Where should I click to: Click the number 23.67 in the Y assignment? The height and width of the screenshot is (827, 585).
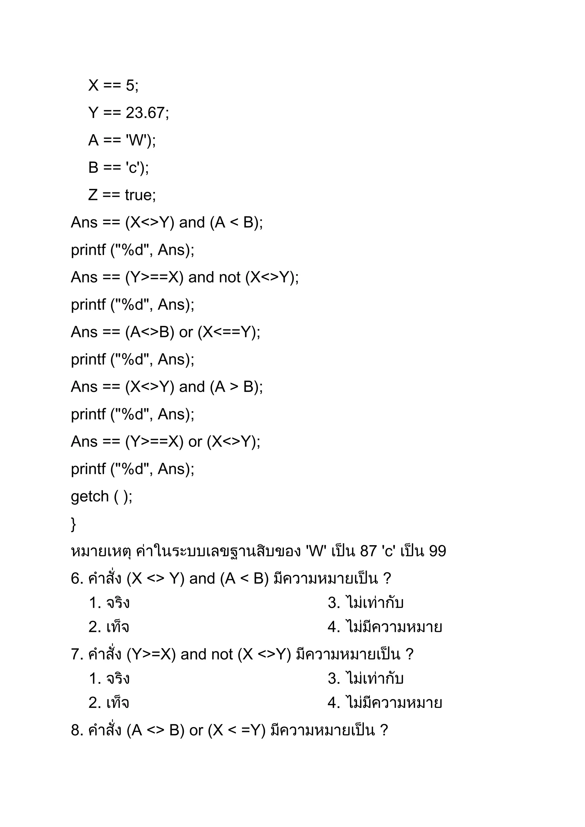145,113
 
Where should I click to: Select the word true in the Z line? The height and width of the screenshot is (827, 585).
139,195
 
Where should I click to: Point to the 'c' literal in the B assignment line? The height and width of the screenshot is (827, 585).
132,168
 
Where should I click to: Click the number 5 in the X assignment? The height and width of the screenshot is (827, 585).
130,85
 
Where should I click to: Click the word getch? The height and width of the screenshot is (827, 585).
90,496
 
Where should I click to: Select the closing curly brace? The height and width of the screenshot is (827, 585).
73,524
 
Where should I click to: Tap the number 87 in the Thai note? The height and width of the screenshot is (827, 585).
368,551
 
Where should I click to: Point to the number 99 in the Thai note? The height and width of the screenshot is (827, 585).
437,551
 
